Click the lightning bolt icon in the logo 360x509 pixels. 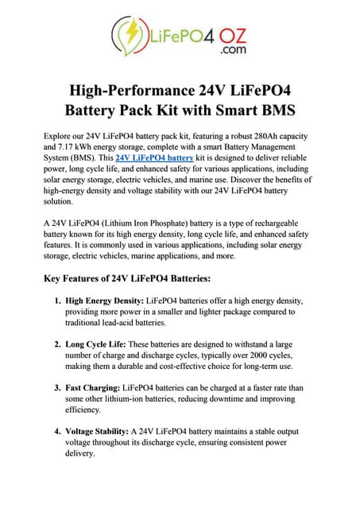(x=130, y=34)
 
